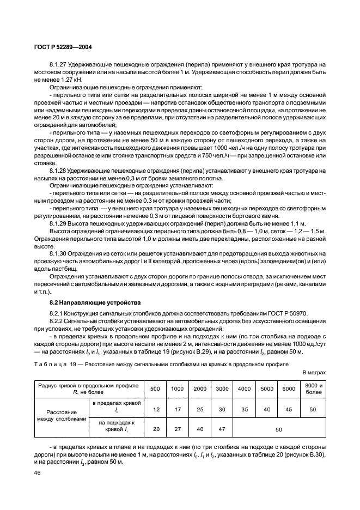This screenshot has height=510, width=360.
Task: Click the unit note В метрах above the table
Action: click(x=314, y=372)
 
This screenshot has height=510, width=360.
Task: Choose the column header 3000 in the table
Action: click(x=222, y=388)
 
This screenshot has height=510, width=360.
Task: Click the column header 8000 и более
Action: click(x=312, y=388)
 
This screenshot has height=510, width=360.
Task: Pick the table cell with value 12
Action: click(x=156, y=408)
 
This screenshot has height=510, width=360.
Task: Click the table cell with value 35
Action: click(x=244, y=408)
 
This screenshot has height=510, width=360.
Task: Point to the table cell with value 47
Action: click(x=222, y=429)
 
